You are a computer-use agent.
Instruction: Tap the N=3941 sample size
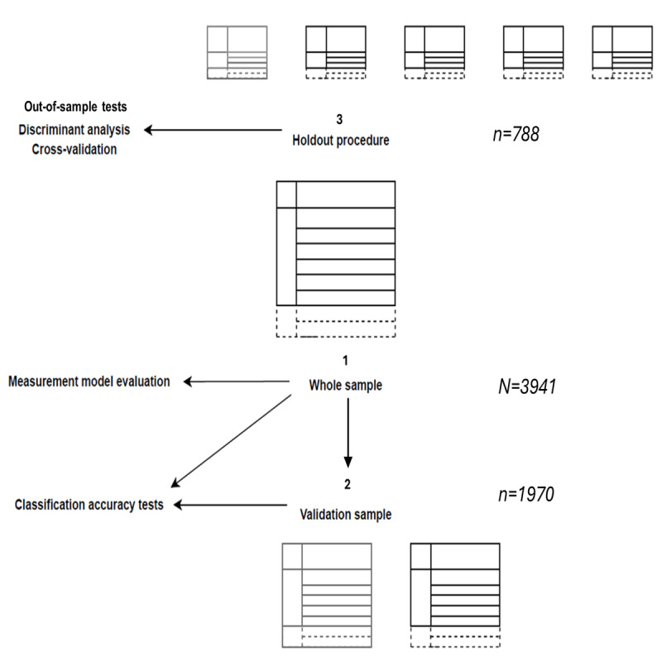click(521, 385)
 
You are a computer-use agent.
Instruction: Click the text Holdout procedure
click(340, 140)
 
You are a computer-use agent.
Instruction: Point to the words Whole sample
click(346, 385)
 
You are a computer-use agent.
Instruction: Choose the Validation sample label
click(345, 514)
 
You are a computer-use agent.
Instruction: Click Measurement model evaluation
click(89, 381)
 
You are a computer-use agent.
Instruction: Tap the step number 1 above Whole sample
click(346, 362)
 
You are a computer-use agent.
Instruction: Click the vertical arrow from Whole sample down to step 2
click(348, 430)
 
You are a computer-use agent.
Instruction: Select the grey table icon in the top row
click(237, 52)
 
